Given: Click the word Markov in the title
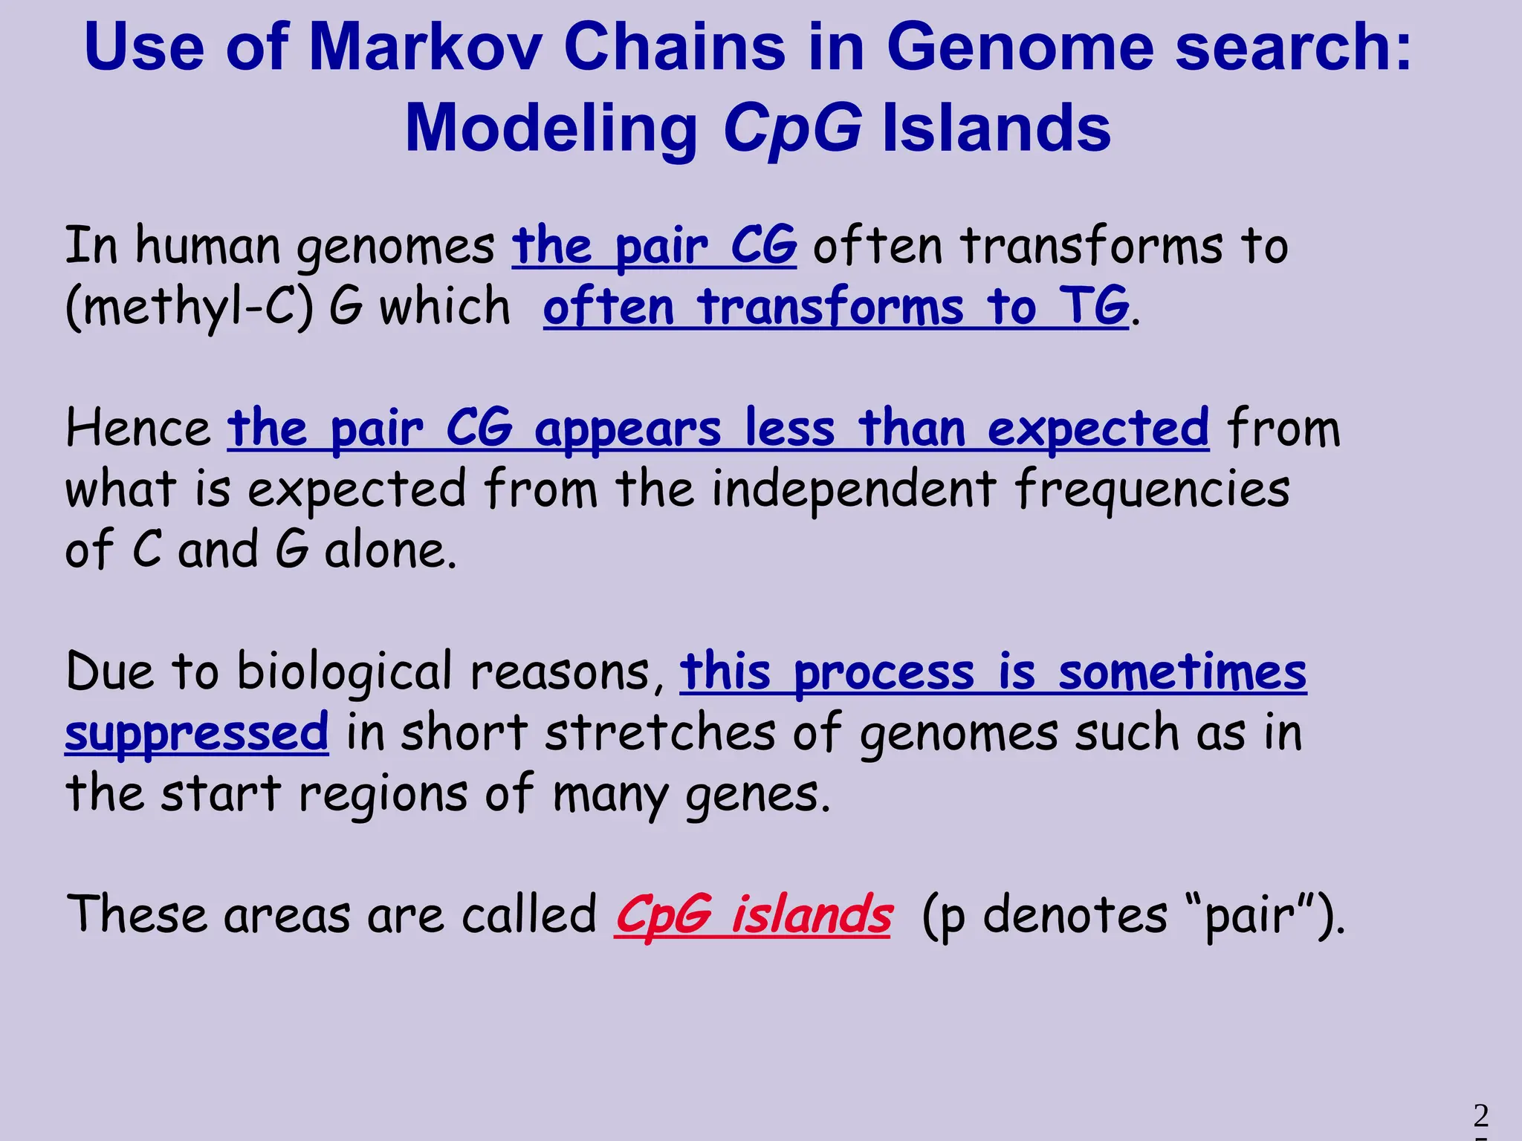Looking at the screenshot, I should [425, 48].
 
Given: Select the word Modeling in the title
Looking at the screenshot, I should [551, 129].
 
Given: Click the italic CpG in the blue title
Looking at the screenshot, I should [792, 129].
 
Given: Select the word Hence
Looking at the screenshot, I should [138, 429].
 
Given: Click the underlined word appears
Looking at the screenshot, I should [627, 430].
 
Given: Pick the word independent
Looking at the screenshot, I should [854, 490].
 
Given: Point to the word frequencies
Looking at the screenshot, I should [1152, 490].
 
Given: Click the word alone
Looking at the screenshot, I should [390, 550].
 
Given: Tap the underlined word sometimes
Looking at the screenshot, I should [1182, 672].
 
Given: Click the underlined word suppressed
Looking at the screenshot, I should [196, 733].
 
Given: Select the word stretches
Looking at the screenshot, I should [660, 733].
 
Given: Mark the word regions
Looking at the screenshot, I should [382, 794].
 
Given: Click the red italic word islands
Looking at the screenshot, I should [812, 914].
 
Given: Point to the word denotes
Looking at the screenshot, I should [1075, 914].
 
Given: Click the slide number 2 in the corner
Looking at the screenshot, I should [1480, 1116].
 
